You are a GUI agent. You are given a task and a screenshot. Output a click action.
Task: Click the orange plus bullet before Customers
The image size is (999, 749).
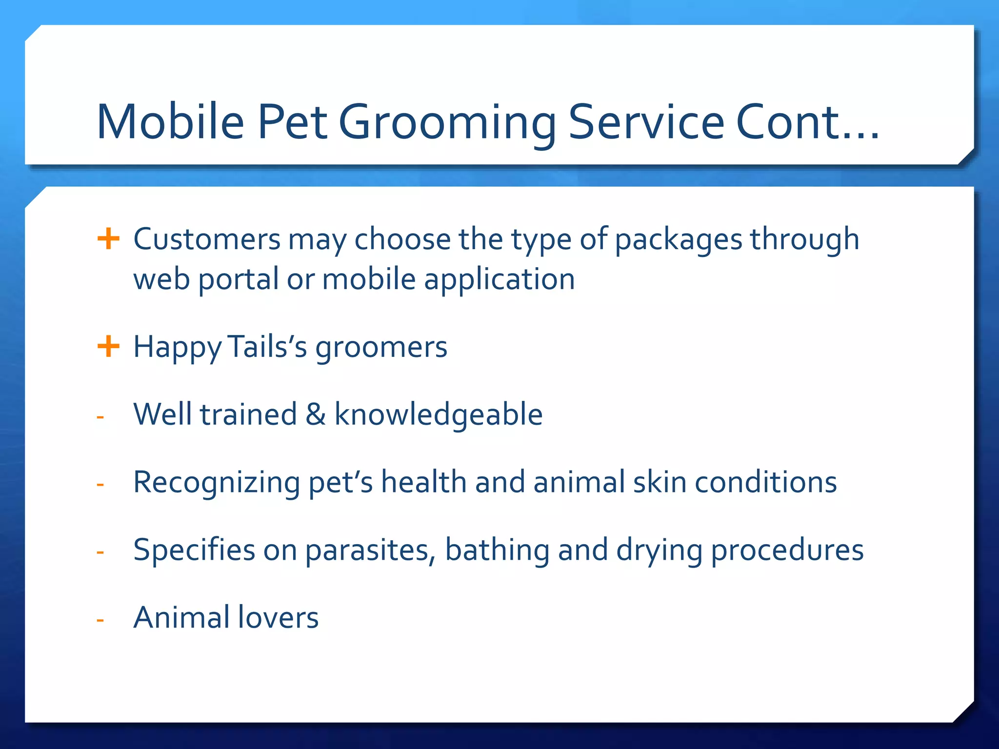(108, 239)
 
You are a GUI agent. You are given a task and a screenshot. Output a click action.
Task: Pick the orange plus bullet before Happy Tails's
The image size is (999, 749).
(108, 347)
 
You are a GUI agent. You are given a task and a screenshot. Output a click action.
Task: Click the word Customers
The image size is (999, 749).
(207, 239)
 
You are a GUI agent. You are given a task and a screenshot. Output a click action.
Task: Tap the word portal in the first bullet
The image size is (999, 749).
(238, 280)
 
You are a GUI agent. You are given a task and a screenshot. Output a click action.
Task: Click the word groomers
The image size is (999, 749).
(381, 348)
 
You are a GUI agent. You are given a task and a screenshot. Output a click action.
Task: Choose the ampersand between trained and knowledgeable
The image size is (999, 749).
(316, 414)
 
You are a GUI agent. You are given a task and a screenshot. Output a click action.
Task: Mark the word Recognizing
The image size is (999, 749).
(217, 483)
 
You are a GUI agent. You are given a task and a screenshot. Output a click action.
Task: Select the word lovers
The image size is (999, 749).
(278, 617)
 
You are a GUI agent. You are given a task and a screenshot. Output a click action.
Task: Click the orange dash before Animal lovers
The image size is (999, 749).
(100, 620)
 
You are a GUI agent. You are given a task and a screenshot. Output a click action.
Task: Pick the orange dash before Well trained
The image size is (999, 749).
(100, 417)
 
